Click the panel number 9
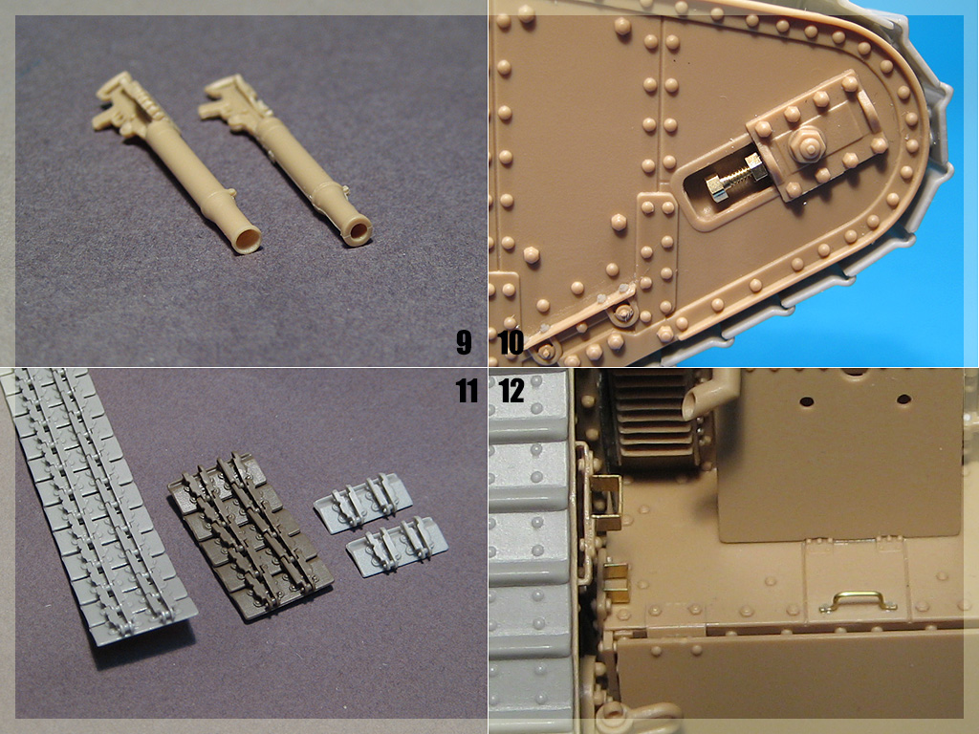click(x=464, y=342)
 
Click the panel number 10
click(x=511, y=342)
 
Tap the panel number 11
click(x=467, y=391)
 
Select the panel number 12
click(x=512, y=391)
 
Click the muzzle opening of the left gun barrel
click(x=248, y=238)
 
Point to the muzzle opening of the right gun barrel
click(x=359, y=229)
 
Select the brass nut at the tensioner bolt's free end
click(x=715, y=189)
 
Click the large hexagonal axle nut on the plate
click(x=805, y=145)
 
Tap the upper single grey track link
click(x=362, y=503)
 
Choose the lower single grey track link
click(x=397, y=544)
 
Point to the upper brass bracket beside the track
click(x=606, y=496)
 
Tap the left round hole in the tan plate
click(x=807, y=400)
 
